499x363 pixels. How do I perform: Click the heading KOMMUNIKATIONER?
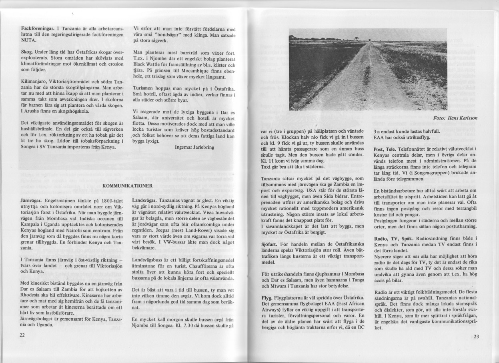pyautogui.click(x=126, y=186)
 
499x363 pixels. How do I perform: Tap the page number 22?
pyautogui.click(x=23, y=335)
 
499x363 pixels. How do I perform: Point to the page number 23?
pyautogui.click(x=476, y=336)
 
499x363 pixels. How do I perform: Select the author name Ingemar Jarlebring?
pyautogui.click(x=194, y=147)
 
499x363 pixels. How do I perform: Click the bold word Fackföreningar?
pyautogui.click(x=39, y=29)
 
